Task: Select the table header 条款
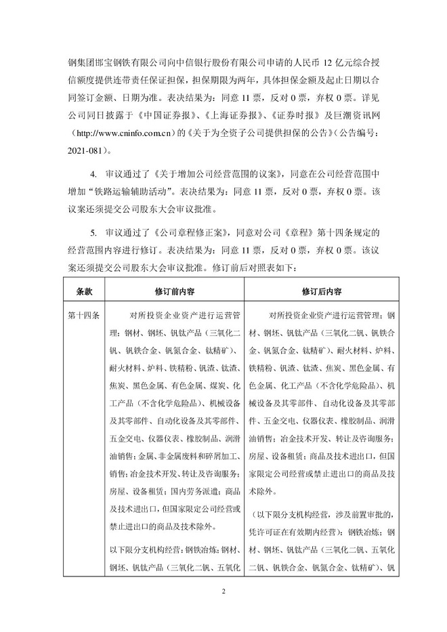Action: (x=84, y=291)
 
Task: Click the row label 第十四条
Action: (x=84, y=315)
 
